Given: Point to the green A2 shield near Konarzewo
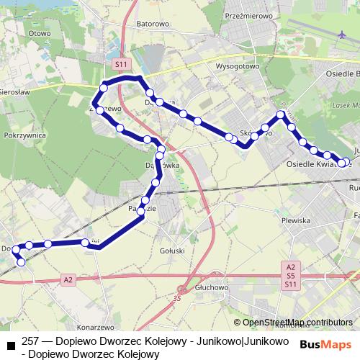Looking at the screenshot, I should (68, 279).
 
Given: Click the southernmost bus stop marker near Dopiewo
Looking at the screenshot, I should (21, 262).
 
